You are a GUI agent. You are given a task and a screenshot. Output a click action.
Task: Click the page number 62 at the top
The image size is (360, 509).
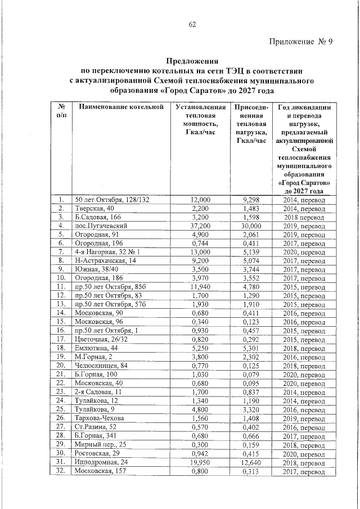(x=192, y=24)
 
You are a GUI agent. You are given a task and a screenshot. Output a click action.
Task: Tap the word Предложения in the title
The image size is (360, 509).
(x=192, y=61)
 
